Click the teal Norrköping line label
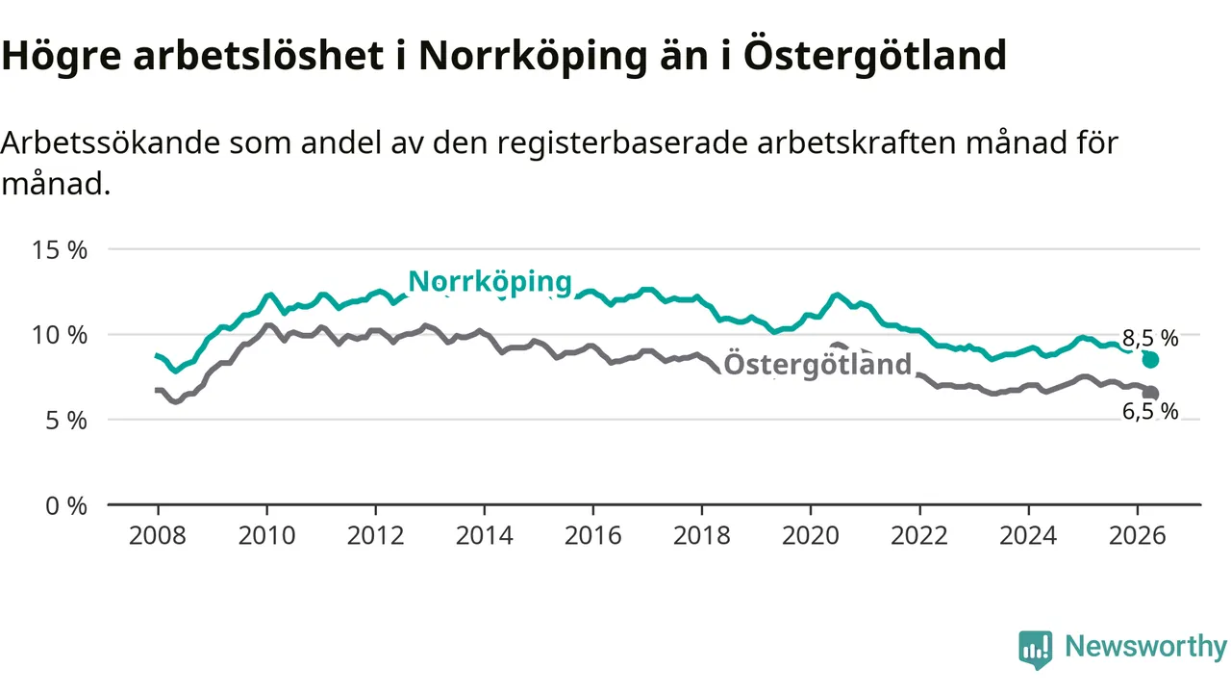pos(490,283)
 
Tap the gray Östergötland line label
pos(817,365)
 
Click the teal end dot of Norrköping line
pos(1150,360)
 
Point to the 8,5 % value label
pos(1150,338)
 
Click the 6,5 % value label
pos(1150,411)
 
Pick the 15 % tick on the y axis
pos(60,250)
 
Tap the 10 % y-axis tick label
pos(60,336)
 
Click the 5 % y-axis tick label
pos(66,422)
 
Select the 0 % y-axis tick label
pos(66,506)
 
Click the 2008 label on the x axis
pos(158,536)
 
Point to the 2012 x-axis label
pos(375,536)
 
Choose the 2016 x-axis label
pos(593,536)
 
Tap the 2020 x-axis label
pos(811,536)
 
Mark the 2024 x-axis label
pos(1028,536)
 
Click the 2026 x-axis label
pos(1137,536)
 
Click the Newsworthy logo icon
pos(1036,650)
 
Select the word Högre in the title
pos(61,56)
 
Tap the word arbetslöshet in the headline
pos(259,55)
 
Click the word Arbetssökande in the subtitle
pos(110,143)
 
